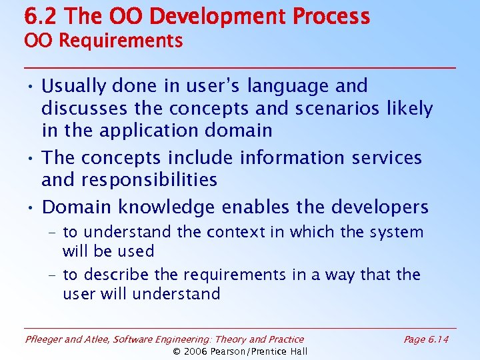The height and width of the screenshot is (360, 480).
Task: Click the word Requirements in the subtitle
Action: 121,41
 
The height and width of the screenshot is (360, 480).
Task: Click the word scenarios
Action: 349,108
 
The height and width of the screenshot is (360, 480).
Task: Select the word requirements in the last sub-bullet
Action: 211,275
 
